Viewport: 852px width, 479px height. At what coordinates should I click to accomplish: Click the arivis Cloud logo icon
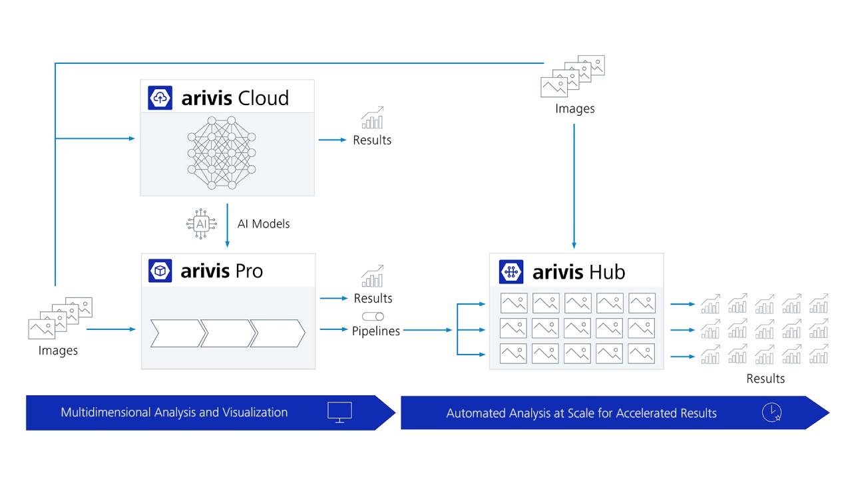(160, 98)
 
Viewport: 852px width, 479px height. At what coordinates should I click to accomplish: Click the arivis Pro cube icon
(160, 271)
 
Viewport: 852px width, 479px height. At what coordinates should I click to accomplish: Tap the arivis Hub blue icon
(511, 271)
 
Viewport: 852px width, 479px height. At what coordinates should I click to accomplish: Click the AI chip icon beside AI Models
(201, 224)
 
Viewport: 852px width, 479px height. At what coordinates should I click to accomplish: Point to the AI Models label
(264, 224)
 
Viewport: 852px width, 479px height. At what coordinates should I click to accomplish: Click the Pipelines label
(376, 331)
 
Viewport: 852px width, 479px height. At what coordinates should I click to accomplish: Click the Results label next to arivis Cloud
(372, 140)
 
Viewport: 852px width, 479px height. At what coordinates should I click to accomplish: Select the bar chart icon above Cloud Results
(373, 118)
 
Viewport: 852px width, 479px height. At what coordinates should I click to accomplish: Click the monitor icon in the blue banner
(339, 412)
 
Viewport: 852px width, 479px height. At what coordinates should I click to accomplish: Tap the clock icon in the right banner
(771, 412)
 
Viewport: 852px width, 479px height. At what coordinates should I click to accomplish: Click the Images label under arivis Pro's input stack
(58, 351)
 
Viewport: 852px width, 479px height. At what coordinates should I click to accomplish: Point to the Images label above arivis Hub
(575, 108)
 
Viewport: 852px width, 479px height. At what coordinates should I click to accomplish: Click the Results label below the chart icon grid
(765, 379)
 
